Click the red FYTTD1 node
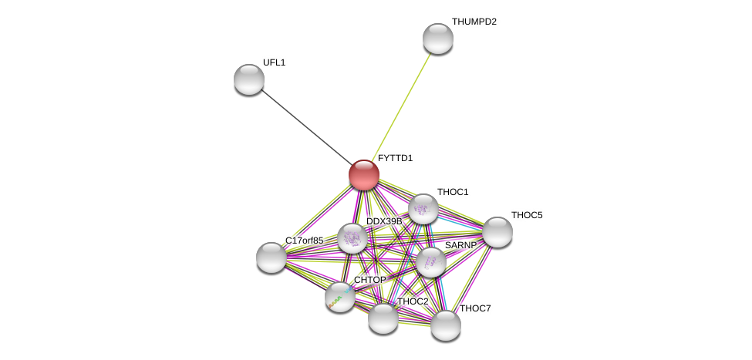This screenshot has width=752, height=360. tap(364, 175)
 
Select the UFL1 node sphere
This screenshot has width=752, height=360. tap(249, 79)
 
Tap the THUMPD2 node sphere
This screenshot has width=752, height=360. tap(438, 39)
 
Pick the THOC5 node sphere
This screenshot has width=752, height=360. tap(497, 233)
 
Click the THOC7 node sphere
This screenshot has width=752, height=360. tap(446, 325)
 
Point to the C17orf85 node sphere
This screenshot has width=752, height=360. tap(271, 258)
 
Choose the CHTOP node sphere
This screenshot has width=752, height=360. tap(340, 298)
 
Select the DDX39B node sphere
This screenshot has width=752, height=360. tap(352, 238)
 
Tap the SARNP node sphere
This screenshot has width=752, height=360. tap(430, 263)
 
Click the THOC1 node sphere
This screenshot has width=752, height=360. tap(423, 209)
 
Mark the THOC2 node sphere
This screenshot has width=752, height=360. tap(383, 319)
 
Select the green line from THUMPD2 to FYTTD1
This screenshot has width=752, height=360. tap(401, 107)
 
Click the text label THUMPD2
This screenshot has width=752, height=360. tap(474, 22)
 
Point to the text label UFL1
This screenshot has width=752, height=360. tap(275, 62)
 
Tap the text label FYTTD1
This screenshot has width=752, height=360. tap(395, 158)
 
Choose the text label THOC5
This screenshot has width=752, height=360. tap(527, 215)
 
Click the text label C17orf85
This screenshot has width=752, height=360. tap(305, 241)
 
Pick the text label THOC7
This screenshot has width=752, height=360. tap(475, 308)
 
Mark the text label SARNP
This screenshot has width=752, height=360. tap(461, 245)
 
